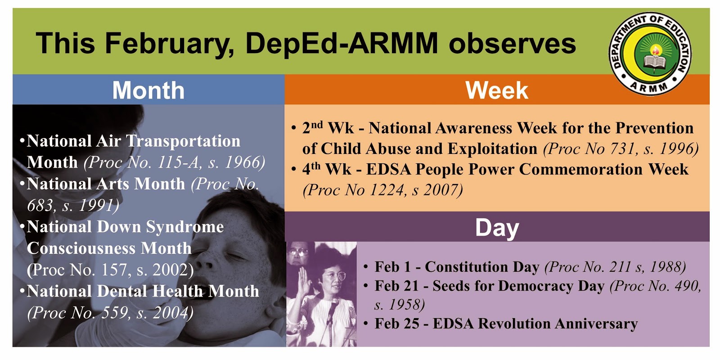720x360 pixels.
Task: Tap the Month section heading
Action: [x=148, y=90]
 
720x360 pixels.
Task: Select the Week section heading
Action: [x=497, y=90]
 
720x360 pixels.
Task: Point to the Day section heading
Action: [x=497, y=228]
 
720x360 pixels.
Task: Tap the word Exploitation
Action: [x=492, y=149]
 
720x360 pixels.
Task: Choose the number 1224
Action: [x=387, y=190]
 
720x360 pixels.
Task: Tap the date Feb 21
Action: [x=396, y=286]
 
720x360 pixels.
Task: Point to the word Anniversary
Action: [x=596, y=324]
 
